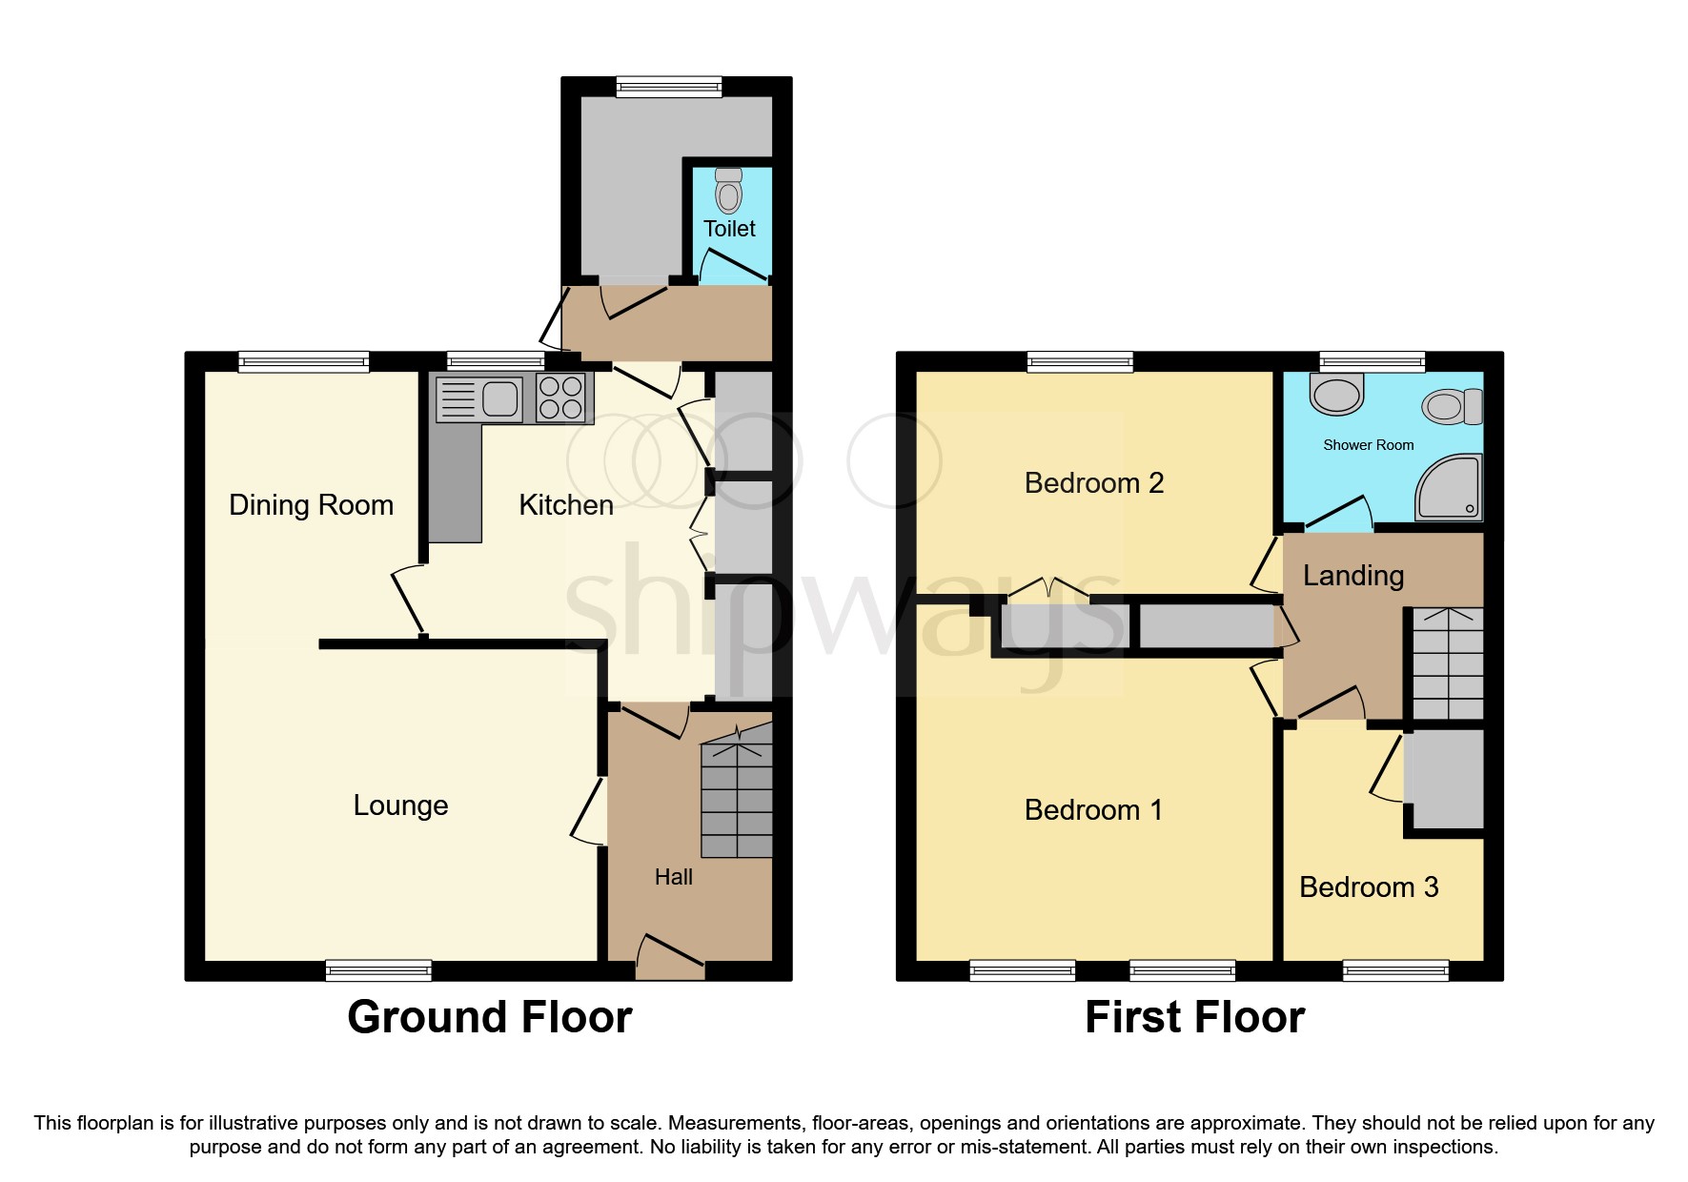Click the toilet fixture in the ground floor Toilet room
(x=729, y=193)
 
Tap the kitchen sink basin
(x=499, y=398)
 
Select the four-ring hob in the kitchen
(x=561, y=398)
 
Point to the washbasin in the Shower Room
(x=1337, y=394)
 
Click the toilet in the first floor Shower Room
(x=1451, y=407)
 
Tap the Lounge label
(x=400, y=805)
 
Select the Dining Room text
(x=311, y=505)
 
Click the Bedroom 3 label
(x=1369, y=887)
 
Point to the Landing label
(x=1353, y=576)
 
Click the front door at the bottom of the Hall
(x=670, y=956)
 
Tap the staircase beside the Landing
(x=1448, y=664)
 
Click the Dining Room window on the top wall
(x=303, y=361)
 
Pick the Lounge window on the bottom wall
(x=378, y=970)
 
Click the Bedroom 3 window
(x=1395, y=970)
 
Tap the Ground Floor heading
(x=490, y=1017)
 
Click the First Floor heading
(x=1194, y=1017)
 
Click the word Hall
(x=673, y=877)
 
